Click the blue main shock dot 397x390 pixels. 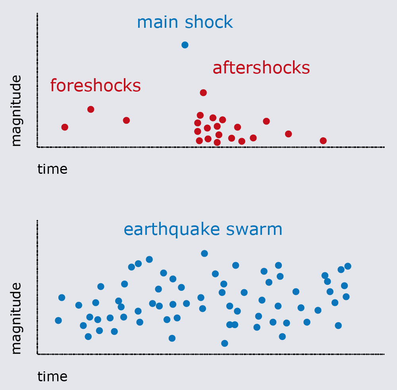click(185, 45)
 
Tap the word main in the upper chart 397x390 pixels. click(158, 22)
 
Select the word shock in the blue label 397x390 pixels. click(209, 22)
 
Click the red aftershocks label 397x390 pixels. click(261, 67)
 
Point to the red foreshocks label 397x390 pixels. click(95, 85)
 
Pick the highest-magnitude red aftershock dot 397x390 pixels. click(203, 92)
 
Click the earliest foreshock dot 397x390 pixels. click(65, 127)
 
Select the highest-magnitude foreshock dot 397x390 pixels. click(91, 110)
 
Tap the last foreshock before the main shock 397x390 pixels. click(126, 121)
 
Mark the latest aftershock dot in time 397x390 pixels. click(323, 141)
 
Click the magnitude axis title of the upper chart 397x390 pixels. click(16, 111)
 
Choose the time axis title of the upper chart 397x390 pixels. click(52, 169)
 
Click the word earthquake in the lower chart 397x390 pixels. click(172, 230)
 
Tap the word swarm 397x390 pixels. click(254, 230)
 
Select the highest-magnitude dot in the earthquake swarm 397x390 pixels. click(204, 254)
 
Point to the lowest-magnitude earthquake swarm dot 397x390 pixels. click(225, 343)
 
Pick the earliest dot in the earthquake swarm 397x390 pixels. click(58, 321)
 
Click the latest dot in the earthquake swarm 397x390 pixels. click(348, 266)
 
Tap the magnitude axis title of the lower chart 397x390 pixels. click(16, 318)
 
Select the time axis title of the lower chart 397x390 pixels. click(52, 377)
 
